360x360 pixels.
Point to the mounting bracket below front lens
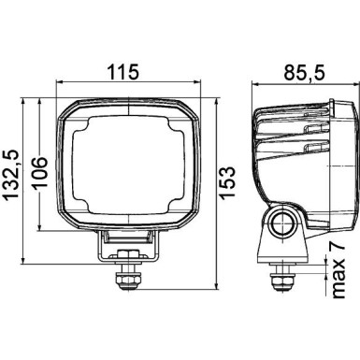coord(127,247)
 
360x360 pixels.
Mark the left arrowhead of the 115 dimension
coord(61,84)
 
